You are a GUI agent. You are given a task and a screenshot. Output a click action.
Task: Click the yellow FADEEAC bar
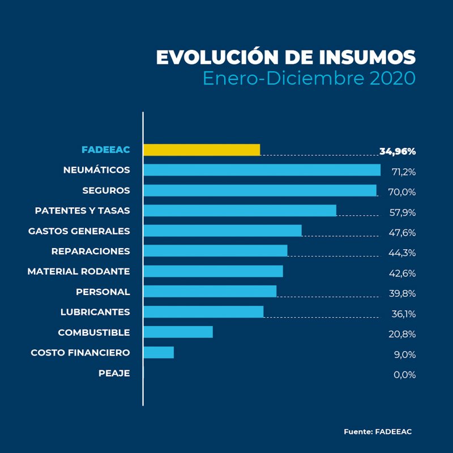click(x=202, y=149)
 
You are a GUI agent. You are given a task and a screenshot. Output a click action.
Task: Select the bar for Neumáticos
click(x=262, y=170)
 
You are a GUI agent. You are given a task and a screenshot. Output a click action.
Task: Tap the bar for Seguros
click(x=259, y=190)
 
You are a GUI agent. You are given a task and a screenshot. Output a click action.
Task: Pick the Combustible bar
click(x=178, y=332)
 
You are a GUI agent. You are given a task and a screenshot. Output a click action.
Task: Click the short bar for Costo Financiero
click(x=159, y=352)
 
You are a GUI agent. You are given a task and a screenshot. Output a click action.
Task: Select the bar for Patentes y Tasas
click(x=240, y=211)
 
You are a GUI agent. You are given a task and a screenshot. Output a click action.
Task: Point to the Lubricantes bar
click(x=203, y=311)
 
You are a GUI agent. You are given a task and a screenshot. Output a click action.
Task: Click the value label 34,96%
click(x=398, y=151)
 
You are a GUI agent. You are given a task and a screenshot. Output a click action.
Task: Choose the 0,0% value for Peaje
click(x=404, y=375)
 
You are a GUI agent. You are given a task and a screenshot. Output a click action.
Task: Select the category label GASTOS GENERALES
click(x=79, y=231)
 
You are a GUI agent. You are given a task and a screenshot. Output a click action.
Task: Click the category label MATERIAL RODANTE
click(x=79, y=272)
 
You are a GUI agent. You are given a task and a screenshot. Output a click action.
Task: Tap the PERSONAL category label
click(x=102, y=292)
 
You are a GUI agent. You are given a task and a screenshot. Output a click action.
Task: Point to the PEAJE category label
click(x=114, y=373)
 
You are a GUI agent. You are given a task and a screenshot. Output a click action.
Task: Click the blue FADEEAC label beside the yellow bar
click(x=105, y=150)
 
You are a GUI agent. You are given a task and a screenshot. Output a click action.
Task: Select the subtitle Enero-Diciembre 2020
click(x=309, y=78)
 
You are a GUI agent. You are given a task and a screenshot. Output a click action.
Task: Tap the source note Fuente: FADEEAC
click(x=378, y=431)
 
